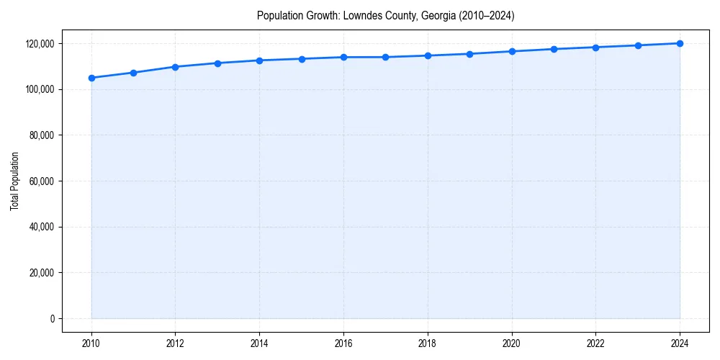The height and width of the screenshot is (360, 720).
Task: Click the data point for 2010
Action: (x=91, y=78)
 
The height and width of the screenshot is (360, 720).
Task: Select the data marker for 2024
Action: (x=680, y=43)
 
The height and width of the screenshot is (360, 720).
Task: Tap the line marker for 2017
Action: (x=385, y=57)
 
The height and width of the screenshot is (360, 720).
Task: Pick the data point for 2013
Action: (x=217, y=63)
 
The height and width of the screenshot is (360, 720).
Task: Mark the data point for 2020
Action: (x=512, y=51)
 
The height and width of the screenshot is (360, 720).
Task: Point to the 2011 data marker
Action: (x=133, y=73)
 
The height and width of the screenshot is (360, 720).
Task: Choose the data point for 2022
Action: (x=595, y=48)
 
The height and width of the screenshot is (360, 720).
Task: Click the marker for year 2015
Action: (x=302, y=59)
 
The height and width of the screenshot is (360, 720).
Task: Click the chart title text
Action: (x=385, y=16)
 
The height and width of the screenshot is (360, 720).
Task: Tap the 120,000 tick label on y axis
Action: (x=40, y=44)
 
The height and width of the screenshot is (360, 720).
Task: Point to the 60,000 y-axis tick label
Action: (x=42, y=181)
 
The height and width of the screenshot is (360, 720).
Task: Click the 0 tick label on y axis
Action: (x=52, y=319)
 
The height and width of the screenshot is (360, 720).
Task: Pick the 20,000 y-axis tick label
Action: (x=42, y=273)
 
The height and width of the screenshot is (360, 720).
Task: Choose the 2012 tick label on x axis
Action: (x=175, y=343)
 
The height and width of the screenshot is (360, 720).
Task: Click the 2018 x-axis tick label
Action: (x=428, y=343)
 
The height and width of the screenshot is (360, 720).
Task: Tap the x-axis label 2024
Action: (x=680, y=343)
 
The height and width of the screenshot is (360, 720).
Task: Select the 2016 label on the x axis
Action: (x=343, y=343)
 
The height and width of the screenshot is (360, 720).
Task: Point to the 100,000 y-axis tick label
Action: (x=40, y=90)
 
